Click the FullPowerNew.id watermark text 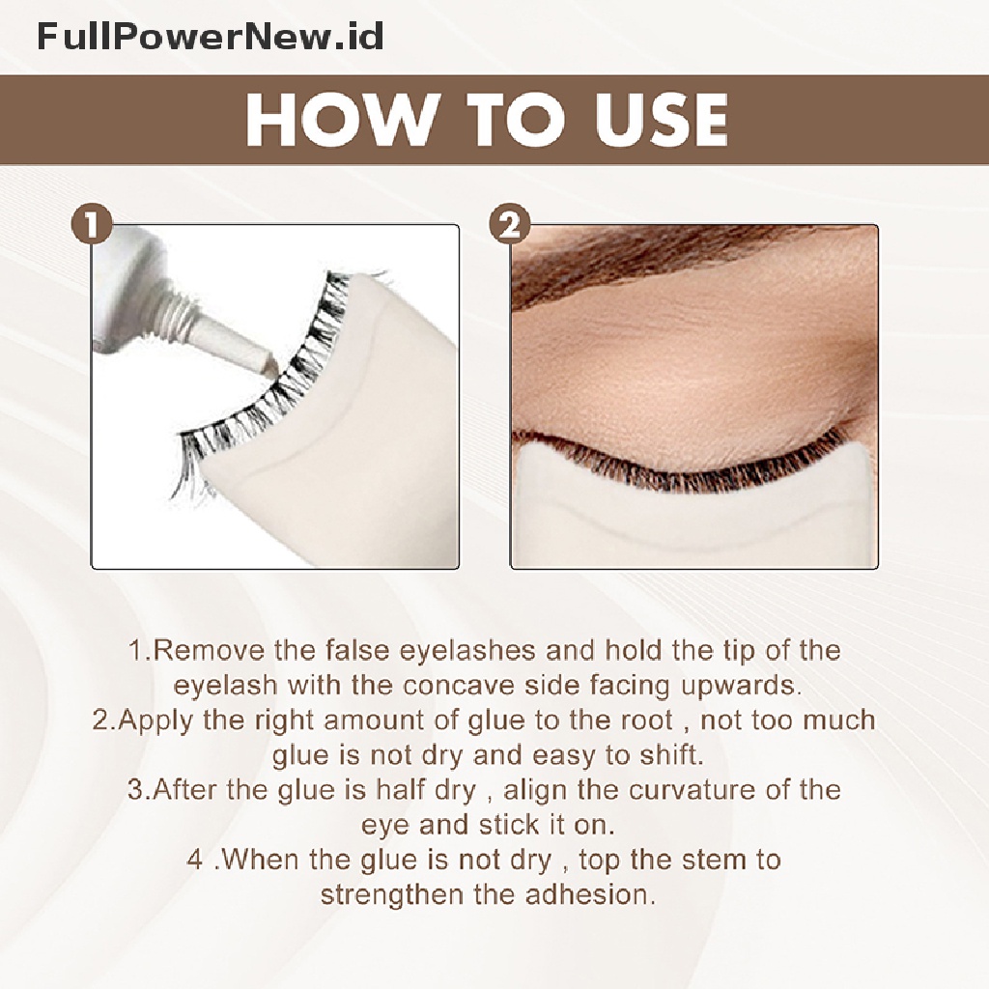[210, 36]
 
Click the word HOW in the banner [336, 120]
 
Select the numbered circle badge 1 [92, 225]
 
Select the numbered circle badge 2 [510, 225]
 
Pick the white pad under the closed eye [693, 518]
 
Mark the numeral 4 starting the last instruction [195, 859]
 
